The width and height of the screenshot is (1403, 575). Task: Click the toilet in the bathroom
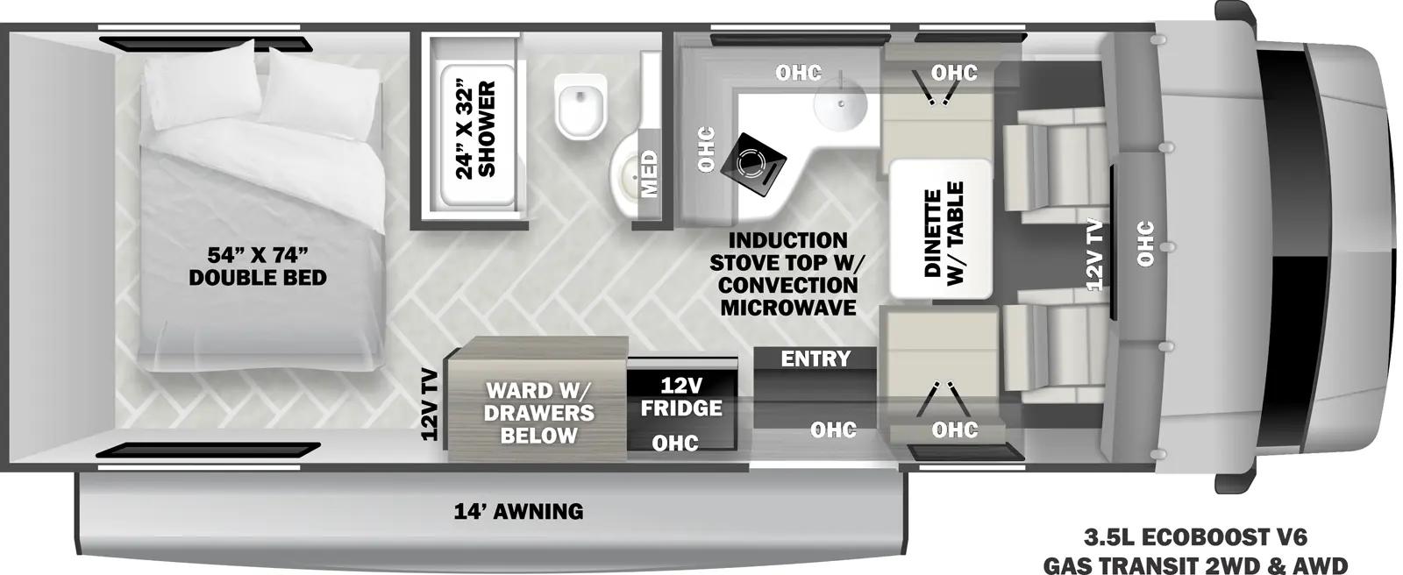[581, 105]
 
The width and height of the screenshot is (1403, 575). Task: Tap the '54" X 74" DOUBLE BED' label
[258, 266]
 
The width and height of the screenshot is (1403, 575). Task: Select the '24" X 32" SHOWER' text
[475, 130]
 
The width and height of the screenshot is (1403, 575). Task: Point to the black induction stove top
[753, 164]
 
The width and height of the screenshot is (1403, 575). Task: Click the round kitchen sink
[841, 102]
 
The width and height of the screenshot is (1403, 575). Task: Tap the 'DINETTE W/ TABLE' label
[944, 234]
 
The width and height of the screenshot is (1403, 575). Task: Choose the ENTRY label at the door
[815, 358]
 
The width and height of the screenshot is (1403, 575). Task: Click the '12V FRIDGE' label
[681, 396]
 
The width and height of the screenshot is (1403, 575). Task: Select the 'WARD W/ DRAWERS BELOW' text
[538, 413]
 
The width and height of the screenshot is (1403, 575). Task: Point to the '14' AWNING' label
[518, 512]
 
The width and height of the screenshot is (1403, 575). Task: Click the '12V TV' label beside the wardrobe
[430, 404]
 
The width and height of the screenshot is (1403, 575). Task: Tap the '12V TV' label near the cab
[1093, 255]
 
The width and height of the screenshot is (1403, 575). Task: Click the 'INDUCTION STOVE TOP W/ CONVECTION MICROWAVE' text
[787, 273]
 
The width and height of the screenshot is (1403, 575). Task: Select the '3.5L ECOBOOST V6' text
[1196, 537]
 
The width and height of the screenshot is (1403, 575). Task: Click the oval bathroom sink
[628, 169]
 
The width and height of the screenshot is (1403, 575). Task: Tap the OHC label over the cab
[1145, 244]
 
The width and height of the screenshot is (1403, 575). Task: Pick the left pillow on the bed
[202, 86]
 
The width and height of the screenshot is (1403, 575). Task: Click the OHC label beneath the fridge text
[675, 444]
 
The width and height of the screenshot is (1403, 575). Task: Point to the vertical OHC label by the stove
[706, 149]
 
